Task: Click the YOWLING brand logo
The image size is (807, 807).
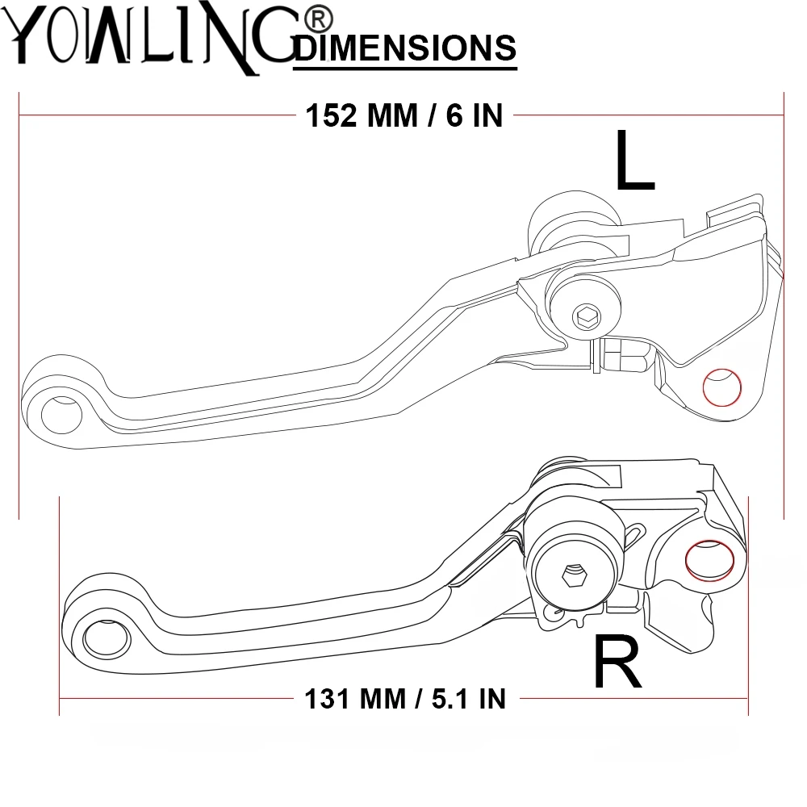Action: pos(149,39)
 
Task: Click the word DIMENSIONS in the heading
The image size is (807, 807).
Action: pos(406,48)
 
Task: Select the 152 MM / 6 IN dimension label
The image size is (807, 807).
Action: pos(404,115)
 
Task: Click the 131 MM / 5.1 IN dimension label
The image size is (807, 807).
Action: pos(405,699)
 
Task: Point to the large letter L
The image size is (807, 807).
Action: pos(634,161)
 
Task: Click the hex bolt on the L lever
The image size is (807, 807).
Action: pos(587,316)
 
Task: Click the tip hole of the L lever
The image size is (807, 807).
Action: pos(61,415)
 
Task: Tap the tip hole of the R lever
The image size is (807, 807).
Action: pos(107,638)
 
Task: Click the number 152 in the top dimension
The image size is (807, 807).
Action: pos(331,115)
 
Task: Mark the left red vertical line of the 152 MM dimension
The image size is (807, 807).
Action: pos(19,306)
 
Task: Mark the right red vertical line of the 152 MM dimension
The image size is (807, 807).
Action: pos(784,306)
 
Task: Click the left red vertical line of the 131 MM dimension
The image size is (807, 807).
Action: pos(59,606)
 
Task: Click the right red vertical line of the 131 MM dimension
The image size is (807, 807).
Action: pos(748,606)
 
